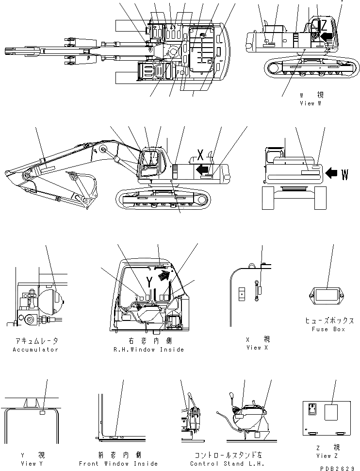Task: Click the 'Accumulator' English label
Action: coord(35,350)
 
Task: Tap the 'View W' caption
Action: coord(311,103)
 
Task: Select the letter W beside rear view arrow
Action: coord(344,174)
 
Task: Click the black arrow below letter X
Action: coord(204,169)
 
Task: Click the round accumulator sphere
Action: coord(50,299)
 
